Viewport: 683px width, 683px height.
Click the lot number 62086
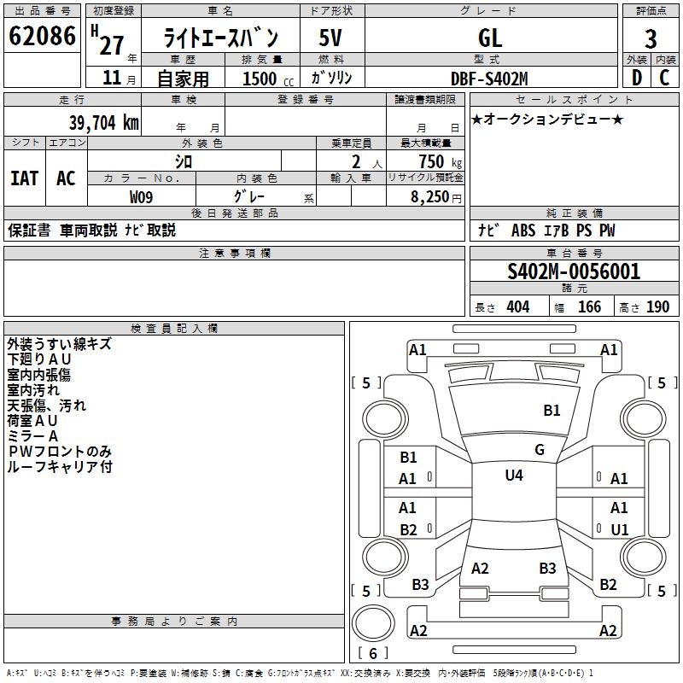coord(43,37)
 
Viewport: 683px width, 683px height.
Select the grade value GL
coord(490,38)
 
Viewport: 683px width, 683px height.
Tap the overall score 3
coord(651,38)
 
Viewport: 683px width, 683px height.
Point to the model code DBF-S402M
coord(490,79)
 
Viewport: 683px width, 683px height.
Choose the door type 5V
coord(331,38)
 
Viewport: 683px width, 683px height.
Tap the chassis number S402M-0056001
coord(574,271)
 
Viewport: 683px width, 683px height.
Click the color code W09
coord(142,197)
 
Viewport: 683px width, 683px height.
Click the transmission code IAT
coord(24,178)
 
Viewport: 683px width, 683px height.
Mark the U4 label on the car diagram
coord(513,476)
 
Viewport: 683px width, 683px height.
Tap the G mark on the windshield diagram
coord(540,449)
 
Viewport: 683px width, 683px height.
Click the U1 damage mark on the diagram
coord(619,529)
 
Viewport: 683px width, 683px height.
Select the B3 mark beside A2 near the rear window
coord(547,568)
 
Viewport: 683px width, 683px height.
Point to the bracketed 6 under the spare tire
coord(373,653)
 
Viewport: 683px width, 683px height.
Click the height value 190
coord(657,307)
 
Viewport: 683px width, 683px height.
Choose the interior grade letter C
coord(664,79)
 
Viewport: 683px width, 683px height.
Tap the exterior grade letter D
coord(636,79)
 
